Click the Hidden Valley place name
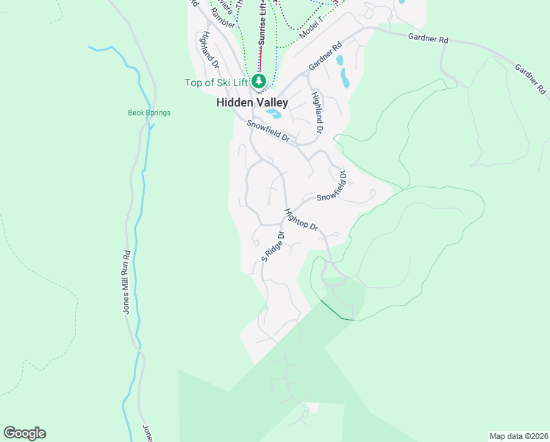[x=251, y=103]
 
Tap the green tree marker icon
[x=258, y=80]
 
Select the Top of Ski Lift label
[x=217, y=83]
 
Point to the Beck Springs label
[x=149, y=113]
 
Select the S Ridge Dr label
[x=272, y=248]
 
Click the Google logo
[x=24, y=433]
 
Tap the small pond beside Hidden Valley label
[x=274, y=113]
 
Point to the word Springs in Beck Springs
[x=158, y=113]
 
